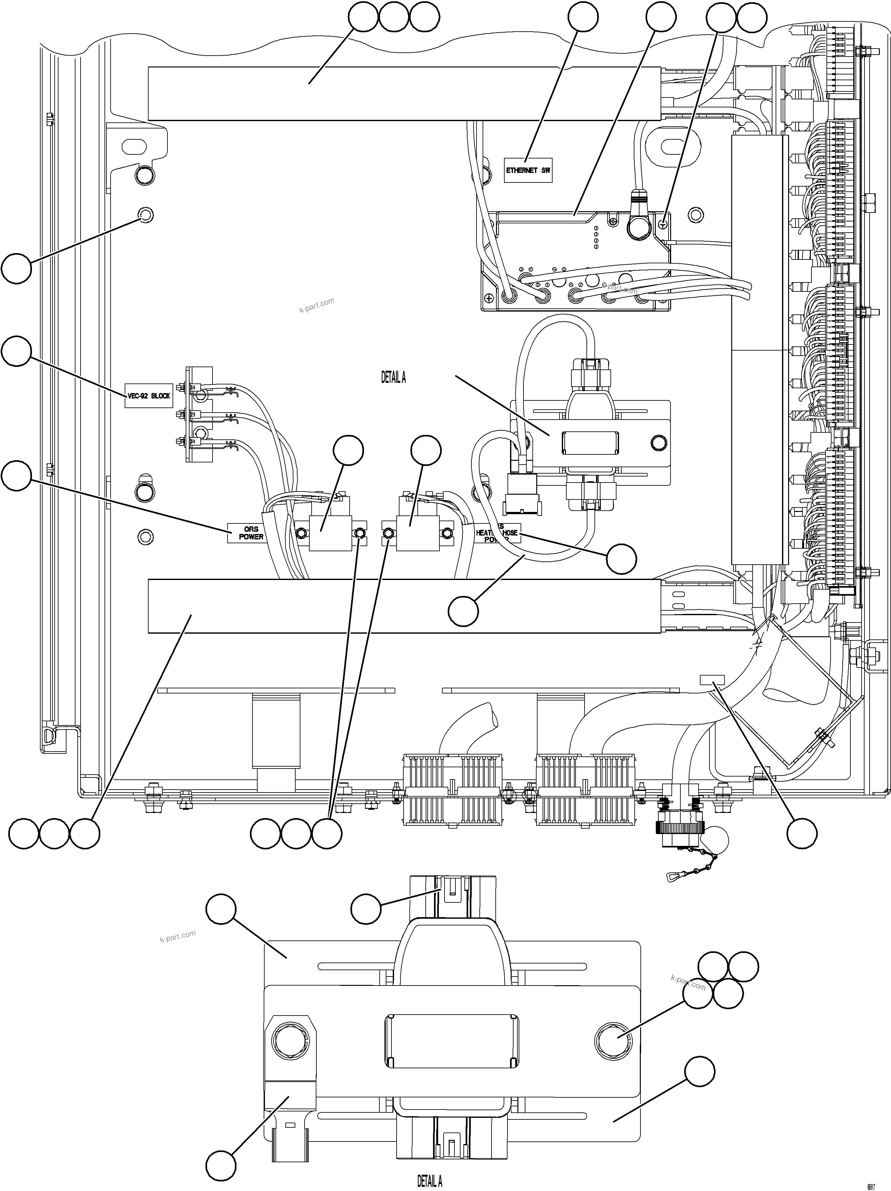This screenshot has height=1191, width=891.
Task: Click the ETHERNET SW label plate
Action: (x=528, y=170)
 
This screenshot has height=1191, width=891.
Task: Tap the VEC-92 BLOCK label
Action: (x=149, y=396)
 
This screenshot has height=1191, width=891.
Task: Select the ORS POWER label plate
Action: (x=251, y=532)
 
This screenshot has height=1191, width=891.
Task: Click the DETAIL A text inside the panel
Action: (x=393, y=378)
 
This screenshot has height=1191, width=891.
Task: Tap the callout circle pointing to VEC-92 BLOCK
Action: (x=17, y=351)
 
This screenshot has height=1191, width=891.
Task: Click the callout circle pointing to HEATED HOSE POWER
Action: (x=621, y=559)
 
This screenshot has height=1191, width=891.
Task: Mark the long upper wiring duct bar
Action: (x=404, y=93)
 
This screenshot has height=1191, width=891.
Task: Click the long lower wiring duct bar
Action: (x=404, y=606)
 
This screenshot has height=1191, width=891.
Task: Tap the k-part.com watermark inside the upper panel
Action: (x=317, y=305)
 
